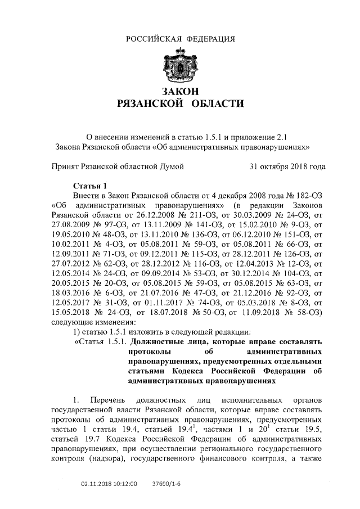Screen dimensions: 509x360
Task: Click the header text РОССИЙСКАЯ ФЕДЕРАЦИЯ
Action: tap(180, 39)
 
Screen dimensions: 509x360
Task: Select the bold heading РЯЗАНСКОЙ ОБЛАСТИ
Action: tap(180, 103)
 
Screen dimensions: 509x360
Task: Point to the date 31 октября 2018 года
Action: tap(287, 166)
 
